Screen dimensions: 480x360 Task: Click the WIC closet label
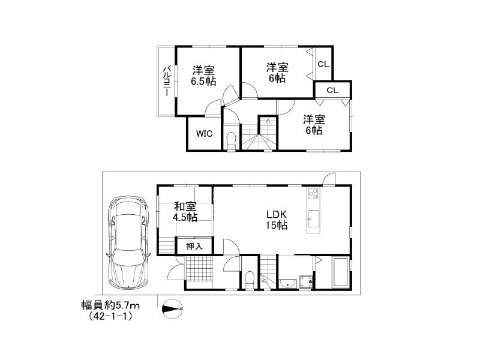204,133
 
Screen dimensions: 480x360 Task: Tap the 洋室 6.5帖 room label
203,76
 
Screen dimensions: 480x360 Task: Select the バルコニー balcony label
167,80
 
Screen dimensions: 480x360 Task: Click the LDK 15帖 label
276,220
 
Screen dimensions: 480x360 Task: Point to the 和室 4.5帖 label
185,212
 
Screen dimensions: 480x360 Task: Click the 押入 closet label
194,246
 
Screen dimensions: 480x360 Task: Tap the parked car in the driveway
128,243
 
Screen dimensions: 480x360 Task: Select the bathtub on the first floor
340,273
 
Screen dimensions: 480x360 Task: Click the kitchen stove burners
313,193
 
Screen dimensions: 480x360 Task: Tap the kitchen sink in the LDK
313,218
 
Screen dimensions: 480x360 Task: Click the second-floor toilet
231,140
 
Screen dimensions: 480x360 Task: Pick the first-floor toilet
250,280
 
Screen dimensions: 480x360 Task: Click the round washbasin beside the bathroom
288,283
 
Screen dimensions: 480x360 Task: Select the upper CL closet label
323,64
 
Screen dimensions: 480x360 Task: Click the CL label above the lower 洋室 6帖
332,91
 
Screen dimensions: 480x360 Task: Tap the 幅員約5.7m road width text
110,305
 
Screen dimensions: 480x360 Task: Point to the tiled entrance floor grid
199,268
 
